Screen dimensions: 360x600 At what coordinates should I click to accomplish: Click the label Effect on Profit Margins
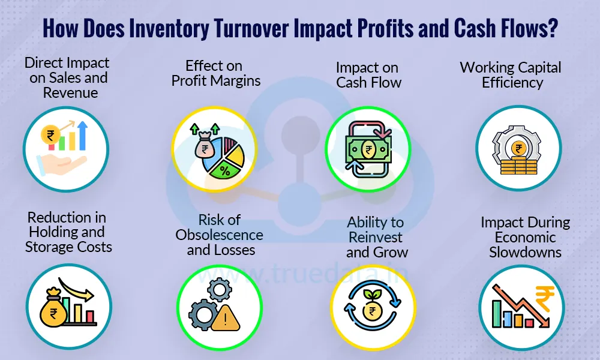(x=216, y=73)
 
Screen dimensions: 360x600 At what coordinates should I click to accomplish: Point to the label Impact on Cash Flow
(x=368, y=74)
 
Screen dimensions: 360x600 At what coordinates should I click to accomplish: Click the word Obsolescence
(x=219, y=234)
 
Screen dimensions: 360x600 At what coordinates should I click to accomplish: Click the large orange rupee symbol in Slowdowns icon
(x=542, y=298)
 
